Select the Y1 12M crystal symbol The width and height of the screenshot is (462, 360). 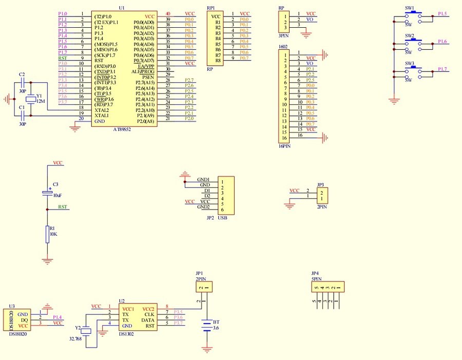30,99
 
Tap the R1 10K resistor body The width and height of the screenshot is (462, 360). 47,234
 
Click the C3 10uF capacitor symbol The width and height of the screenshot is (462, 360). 47,193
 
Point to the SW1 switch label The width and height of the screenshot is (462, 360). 410,8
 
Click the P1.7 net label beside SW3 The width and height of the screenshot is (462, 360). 441,69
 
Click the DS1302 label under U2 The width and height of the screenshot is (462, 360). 126,334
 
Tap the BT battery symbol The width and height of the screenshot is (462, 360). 207,326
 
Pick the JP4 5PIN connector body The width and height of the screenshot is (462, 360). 328,287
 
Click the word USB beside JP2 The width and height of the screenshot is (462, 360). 222,218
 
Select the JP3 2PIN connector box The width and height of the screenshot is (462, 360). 322,195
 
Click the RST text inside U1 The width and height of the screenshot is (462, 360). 99,61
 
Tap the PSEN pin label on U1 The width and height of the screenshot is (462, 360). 148,77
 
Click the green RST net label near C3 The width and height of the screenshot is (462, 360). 62,207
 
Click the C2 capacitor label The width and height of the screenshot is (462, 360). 22,75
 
